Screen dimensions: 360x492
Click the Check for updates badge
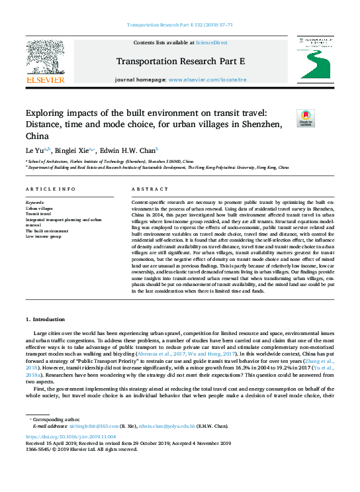[x=306, y=119]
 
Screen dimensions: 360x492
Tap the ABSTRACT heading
[x=146, y=189]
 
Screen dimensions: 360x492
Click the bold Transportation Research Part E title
[x=180, y=62]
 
